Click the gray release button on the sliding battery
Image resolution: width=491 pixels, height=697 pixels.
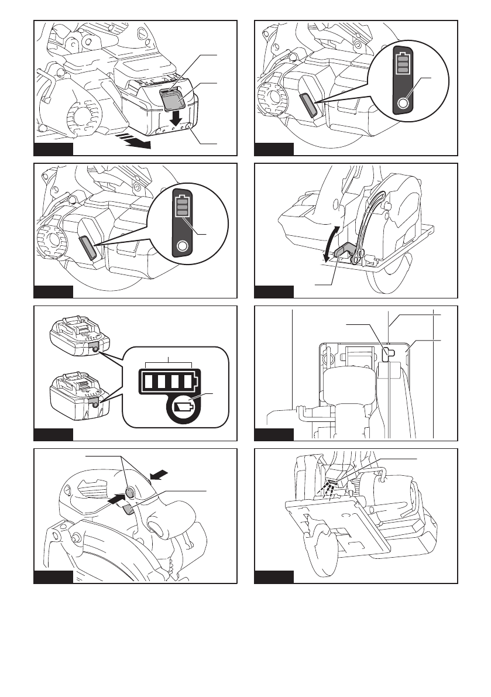tap(172, 100)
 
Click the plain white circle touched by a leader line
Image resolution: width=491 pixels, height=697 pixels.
tap(402, 104)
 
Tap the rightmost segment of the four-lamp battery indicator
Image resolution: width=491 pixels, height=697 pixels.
tap(187, 382)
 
